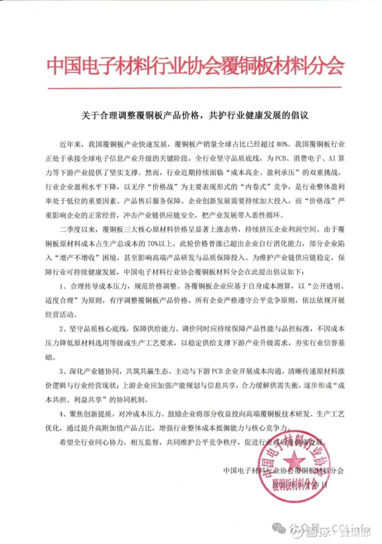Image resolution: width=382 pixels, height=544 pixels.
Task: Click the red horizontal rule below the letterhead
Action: point(195,89)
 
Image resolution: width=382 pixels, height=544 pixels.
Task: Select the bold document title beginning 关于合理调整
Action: point(195,116)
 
